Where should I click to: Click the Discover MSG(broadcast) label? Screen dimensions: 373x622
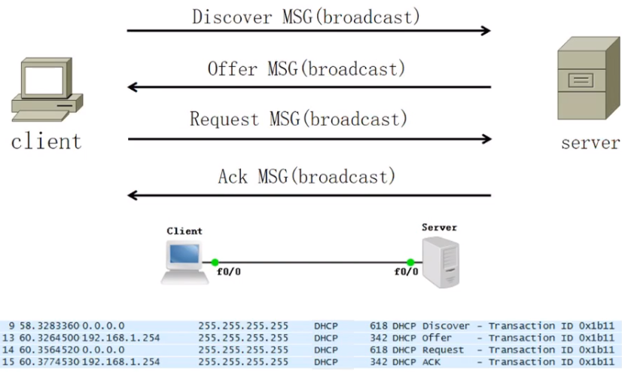306,16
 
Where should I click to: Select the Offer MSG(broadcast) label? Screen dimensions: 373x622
306,69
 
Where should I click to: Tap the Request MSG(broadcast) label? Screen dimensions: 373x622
298,119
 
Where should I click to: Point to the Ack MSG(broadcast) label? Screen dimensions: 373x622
306,177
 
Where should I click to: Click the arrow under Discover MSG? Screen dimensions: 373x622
309,31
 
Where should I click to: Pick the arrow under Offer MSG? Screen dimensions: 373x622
309,87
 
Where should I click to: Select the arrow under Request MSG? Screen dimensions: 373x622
309,139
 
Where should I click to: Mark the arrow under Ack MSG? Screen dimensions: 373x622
309,196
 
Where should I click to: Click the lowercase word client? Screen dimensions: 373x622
46,141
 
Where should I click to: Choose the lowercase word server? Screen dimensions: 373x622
590,142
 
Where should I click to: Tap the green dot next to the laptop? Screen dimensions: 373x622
215,262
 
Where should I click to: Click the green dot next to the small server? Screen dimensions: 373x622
410,262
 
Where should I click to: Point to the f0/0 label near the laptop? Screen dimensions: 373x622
228,272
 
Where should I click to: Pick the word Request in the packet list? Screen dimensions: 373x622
444,350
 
